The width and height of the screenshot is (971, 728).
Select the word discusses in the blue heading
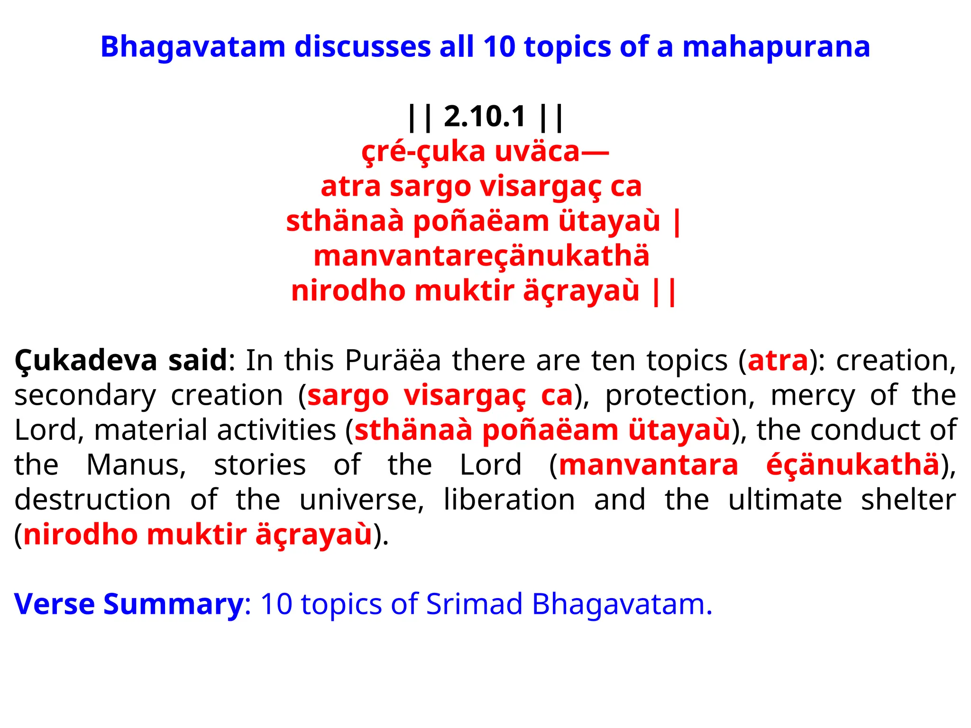(362, 47)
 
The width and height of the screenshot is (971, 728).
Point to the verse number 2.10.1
(485, 117)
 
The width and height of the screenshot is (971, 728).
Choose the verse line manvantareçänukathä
(481, 256)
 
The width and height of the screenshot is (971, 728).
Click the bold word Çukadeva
(85, 361)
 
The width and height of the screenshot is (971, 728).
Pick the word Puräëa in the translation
(393, 361)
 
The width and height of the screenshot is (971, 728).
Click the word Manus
(137, 465)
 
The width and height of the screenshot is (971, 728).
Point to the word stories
(260, 465)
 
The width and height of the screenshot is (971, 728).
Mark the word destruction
(93, 500)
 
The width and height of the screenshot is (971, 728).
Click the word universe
(362, 500)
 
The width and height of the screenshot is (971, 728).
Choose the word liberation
(509, 500)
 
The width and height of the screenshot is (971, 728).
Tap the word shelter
(908, 500)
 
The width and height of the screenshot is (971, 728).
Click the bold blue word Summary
(173, 604)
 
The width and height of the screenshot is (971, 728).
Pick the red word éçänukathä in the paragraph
(852, 465)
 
